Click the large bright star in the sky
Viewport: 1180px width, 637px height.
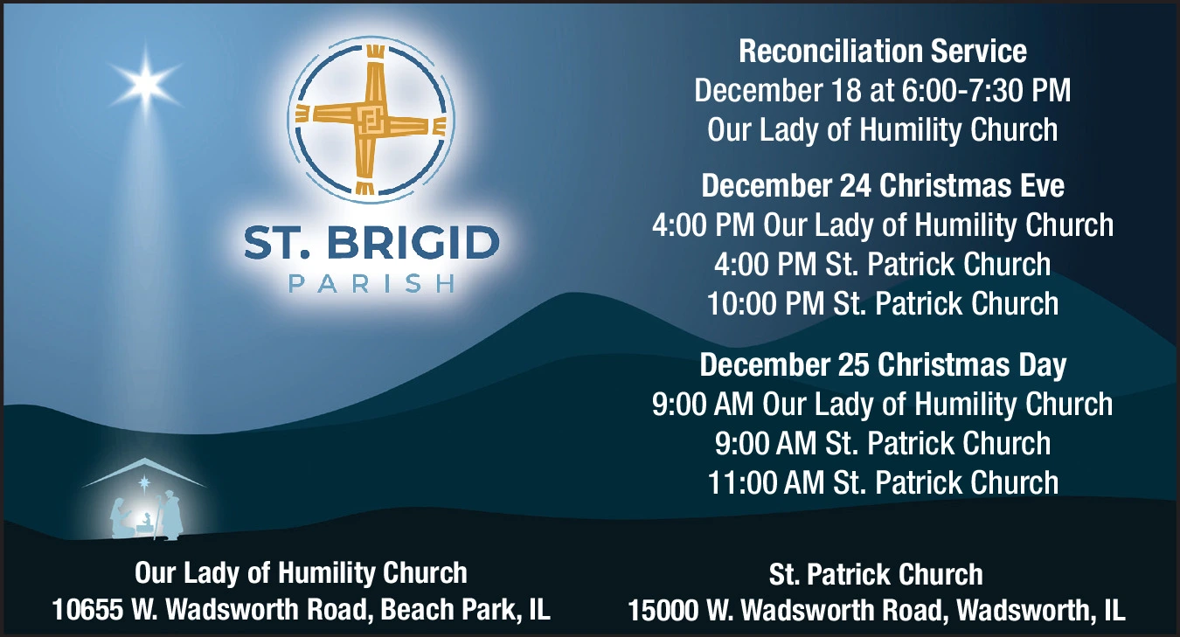tap(145, 84)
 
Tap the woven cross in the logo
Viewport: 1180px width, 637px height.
tap(371, 120)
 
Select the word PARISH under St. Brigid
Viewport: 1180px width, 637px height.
tap(371, 284)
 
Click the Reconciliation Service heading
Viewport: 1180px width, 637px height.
tap(882, 51)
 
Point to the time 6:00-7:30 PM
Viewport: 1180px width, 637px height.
tap(986, 90)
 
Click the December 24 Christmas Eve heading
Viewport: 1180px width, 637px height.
tap(882, 186)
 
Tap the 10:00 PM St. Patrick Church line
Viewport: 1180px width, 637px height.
tap(882, 303)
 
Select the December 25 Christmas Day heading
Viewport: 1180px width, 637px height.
tap(882, 365)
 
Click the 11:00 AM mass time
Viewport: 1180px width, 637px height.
tap(766, 482)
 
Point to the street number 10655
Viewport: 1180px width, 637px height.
tap(87, 610)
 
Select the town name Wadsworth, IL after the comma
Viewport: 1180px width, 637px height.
tap(1040, 610)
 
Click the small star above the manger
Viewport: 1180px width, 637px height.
tap(143, 483)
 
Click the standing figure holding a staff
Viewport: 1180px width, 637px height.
tap(170, 514)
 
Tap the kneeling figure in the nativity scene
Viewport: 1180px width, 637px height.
tap(121, 518)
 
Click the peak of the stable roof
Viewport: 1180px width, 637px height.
tap(143, 458)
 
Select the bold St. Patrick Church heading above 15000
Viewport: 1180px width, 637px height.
tap(876, 574)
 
